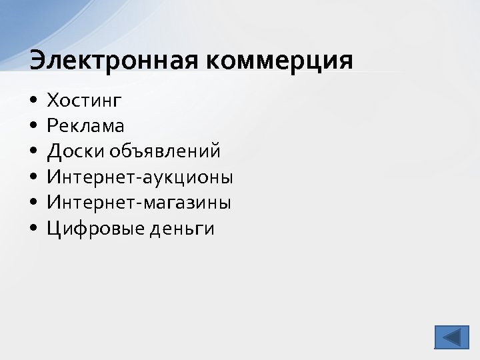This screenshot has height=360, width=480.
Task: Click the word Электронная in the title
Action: (x=113, y=60)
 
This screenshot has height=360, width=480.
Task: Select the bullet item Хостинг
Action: (x=84, y=101)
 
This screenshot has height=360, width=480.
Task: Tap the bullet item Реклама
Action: (x=85, y=126)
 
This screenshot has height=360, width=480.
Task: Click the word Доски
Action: (x=73, y=152)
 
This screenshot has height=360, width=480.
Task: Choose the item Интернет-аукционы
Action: (x=140, y=177)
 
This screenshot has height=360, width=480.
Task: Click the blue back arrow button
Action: (x=451, y=337)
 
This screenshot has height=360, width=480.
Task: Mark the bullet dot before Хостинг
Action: (x=33, y=101)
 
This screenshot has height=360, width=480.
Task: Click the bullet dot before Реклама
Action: (x=33, y=127)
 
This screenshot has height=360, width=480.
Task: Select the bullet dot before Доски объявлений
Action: (x=33, y=152)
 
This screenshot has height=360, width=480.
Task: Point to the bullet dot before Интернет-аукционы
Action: (x=33, y=178)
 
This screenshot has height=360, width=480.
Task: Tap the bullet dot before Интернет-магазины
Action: (x=33, y=203)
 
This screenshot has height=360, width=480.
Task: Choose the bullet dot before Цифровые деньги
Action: (x=33, y=229)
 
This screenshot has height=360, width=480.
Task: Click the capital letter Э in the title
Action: (x=38, y=60)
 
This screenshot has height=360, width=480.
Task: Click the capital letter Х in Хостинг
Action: (x=53, y=101)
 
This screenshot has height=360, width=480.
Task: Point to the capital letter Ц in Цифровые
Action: (x=53, y=229)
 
